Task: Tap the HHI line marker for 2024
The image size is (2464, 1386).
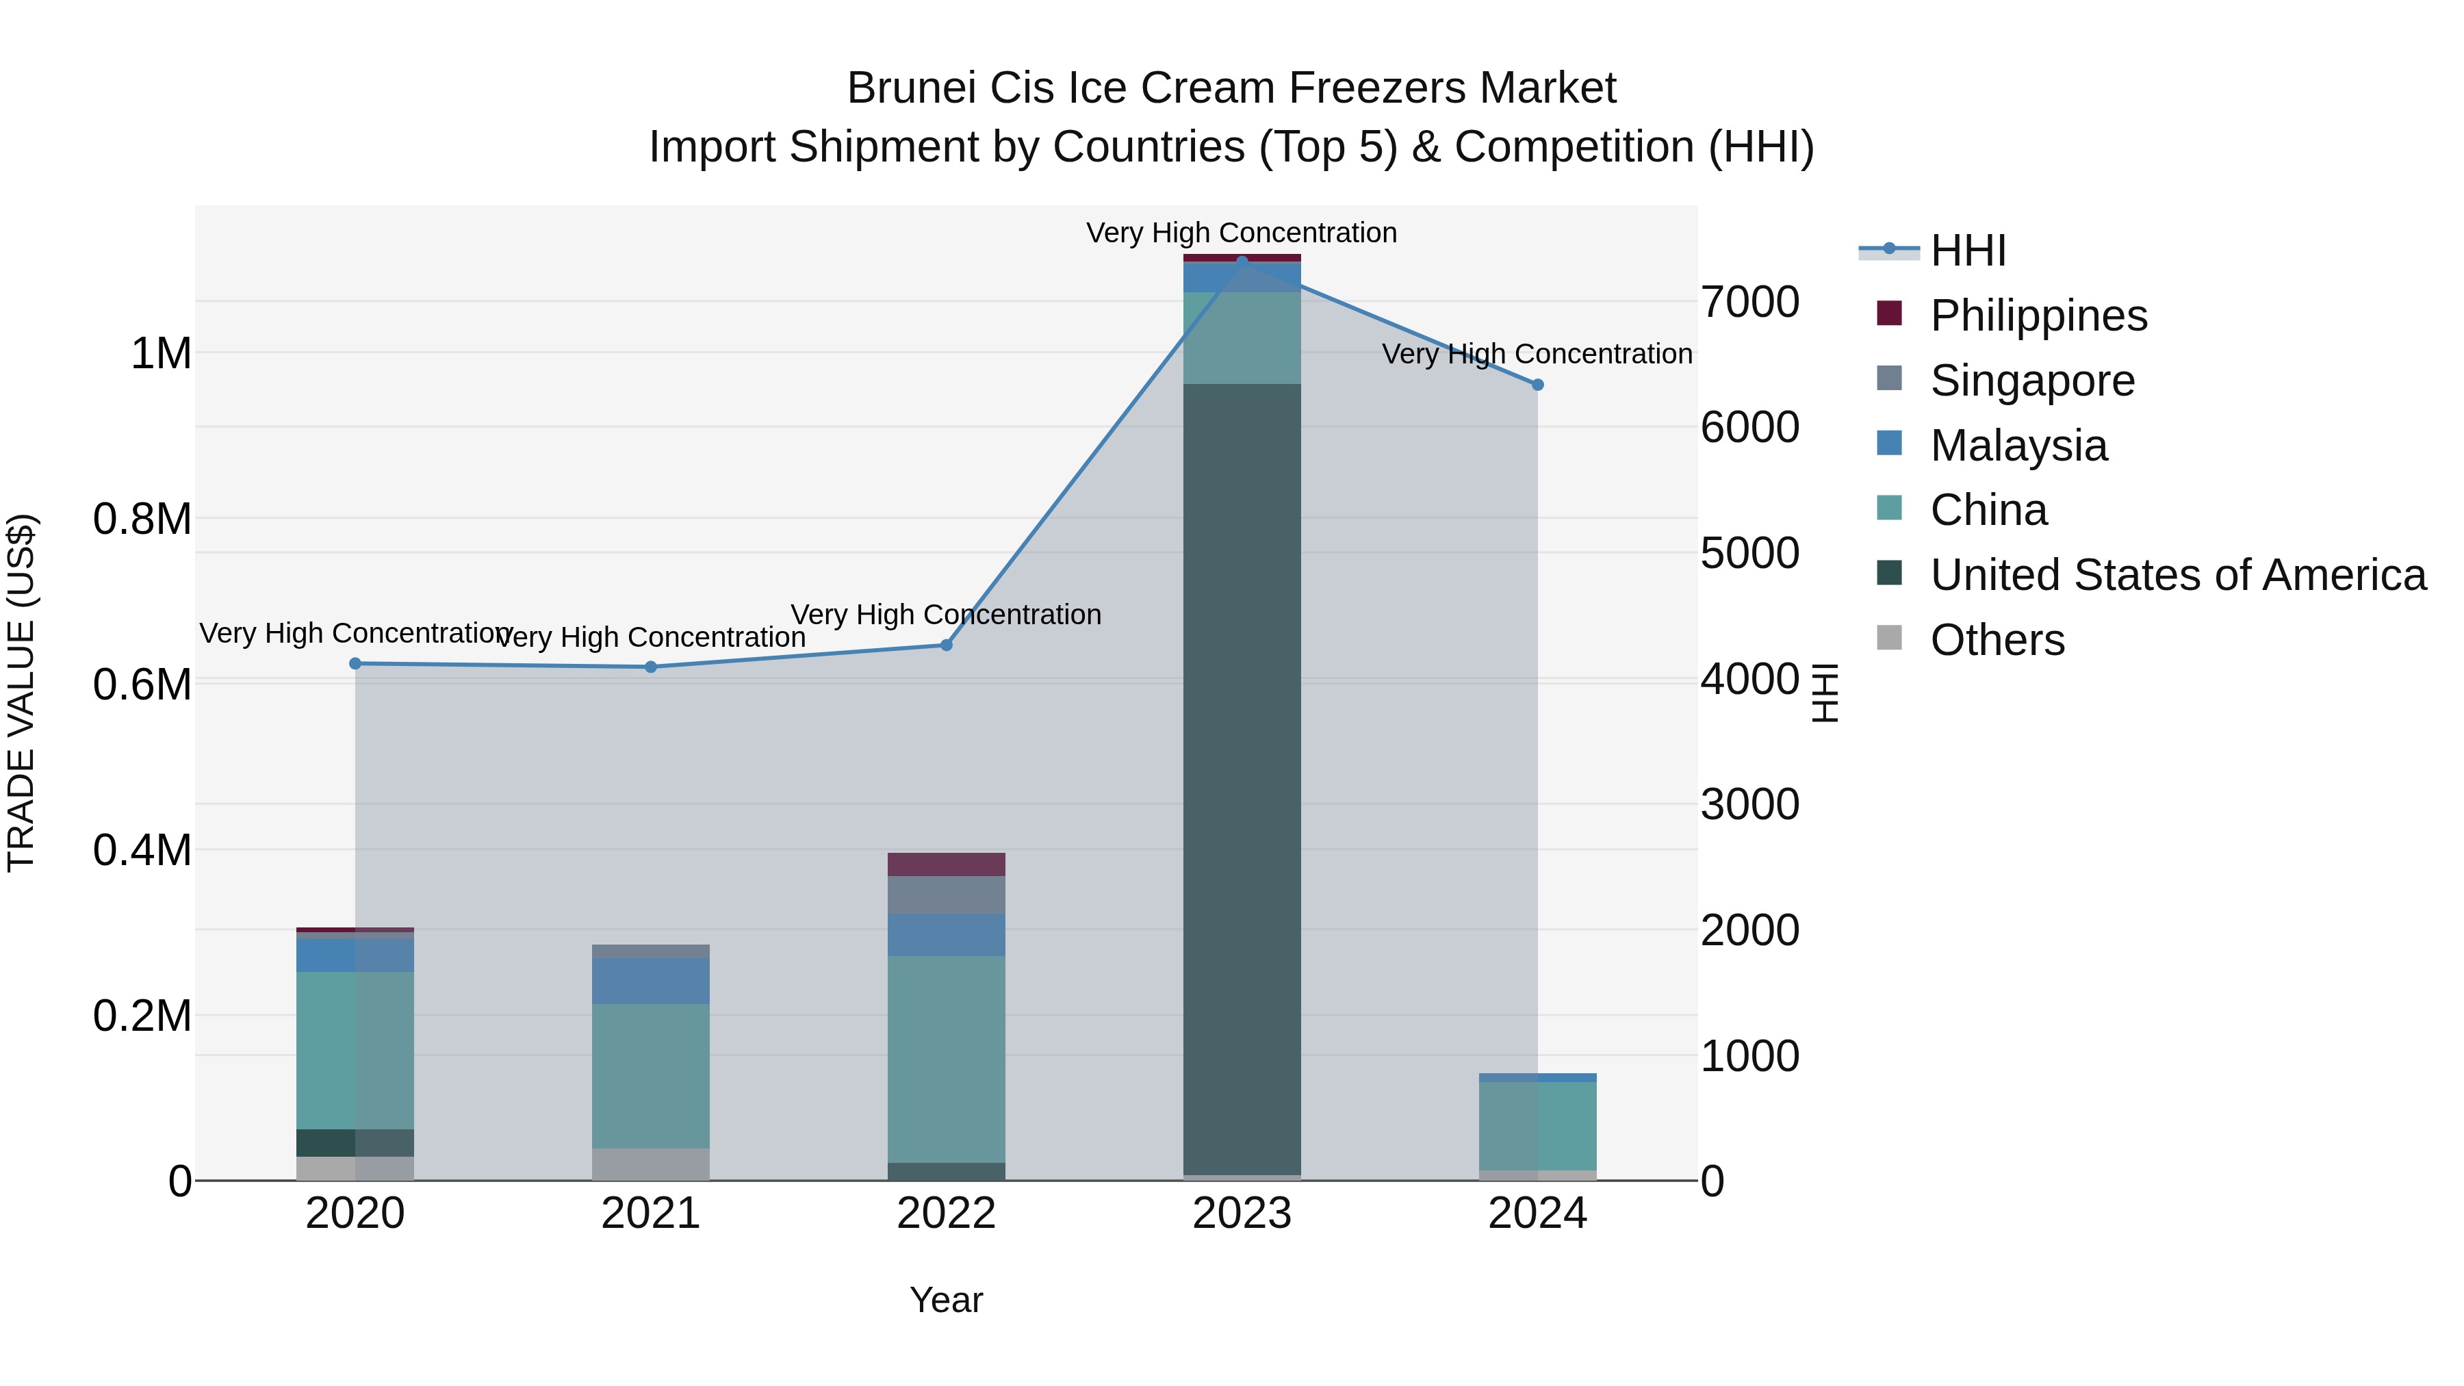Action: pyautogui.click(x=1537, y=385)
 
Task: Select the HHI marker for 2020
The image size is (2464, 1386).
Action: pyautogui.click(x=355, y=663)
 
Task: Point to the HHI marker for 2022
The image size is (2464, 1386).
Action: pyautogui.click(x=946, y=645)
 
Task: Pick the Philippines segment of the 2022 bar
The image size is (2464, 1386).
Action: pyautogui.click(x=946, y=864)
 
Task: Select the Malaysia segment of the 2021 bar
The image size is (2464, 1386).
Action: pyautogui.click(x=650, y=980)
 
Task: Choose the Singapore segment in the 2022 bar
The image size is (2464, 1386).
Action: pyautogui.click(x=946, y=895)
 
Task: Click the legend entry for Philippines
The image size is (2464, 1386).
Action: pyautogui.click(x=2038, y=316)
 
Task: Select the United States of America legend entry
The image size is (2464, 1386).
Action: pyautogui.click(x=2177, y=575)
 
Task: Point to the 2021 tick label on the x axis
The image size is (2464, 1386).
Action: pyautogui.click(x=650, y=1214)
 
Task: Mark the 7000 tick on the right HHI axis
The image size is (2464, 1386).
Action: pyautogui.click(x=1749, y=303)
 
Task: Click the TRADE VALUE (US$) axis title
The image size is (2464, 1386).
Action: pyautogui.click(x=21, y=693)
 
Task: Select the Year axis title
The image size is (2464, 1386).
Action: pyautogui.click(x=946, y=1300)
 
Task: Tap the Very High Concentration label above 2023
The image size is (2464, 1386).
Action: pyautogui.click(x=1241, y=233)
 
